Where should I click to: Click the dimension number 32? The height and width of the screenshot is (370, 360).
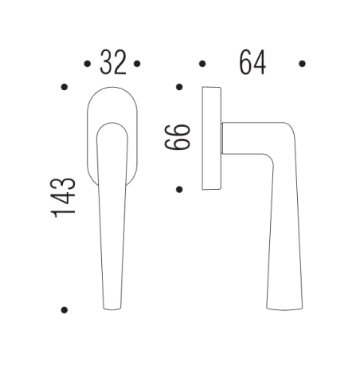coord(112,62)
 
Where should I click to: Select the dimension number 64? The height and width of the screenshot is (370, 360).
coord(252,62)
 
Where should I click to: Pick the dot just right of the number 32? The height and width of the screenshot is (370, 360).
coord(138,62)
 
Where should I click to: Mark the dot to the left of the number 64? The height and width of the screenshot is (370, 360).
coord(202,62)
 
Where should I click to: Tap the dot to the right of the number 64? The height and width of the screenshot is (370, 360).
coord(302,62)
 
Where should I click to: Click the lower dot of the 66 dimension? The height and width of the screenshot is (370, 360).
coord(179,190)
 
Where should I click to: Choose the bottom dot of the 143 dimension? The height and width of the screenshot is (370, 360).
coord(64,309)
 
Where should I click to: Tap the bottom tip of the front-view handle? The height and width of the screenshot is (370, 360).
coord(112,308)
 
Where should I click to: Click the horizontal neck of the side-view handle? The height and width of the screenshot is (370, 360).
coord(239,139)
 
